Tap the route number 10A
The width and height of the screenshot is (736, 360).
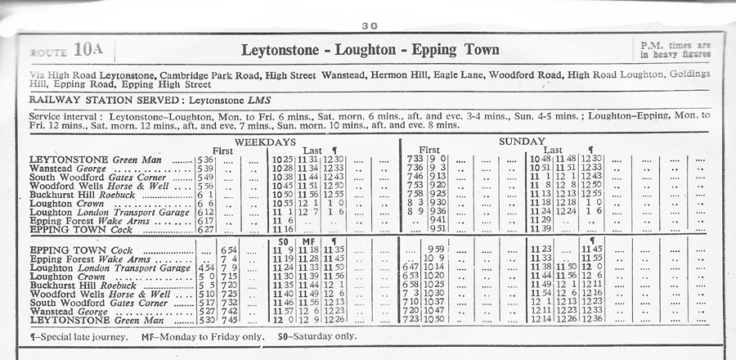click(x=88, y=49)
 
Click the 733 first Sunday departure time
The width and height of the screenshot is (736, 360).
click(x=415, y=159)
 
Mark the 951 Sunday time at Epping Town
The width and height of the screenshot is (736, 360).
click(x=438, y=230)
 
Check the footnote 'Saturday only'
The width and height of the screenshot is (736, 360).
click(x=330, y=336)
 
